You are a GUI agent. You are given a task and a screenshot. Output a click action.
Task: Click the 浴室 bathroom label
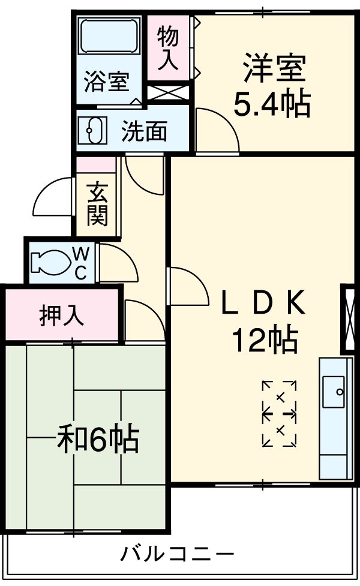(107, 82)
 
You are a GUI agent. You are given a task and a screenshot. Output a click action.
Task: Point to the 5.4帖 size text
(271, 104)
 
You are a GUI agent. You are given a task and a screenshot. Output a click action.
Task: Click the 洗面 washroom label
(144, 131)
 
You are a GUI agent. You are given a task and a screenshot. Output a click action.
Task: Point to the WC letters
(80, 262)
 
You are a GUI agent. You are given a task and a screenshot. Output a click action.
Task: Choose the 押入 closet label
(61, 315)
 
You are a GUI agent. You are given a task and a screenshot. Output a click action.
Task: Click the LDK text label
(264, 305)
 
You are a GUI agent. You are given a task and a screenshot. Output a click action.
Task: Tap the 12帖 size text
(264, 341)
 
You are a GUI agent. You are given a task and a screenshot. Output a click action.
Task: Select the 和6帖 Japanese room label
(97, 440)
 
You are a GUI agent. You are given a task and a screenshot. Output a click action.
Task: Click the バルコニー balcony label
(176, 553)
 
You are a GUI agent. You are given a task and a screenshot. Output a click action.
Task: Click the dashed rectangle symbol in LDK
(280, 413)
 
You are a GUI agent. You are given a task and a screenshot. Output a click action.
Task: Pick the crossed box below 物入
(168, 93)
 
